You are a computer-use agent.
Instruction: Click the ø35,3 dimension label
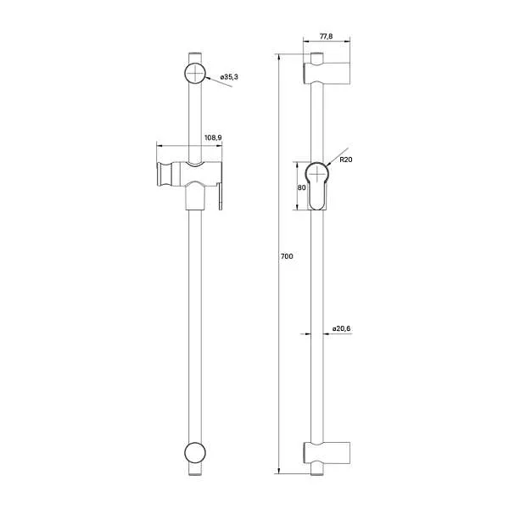click(229, 77)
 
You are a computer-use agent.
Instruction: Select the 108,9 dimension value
click(214, 137)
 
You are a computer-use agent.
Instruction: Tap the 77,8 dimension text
click(326, 36)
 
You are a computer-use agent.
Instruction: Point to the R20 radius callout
click(346, 158)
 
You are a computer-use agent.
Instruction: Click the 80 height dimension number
click(301, 188)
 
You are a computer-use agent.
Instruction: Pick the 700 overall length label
click(287, 256)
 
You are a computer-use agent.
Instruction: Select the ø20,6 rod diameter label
click(342, 328)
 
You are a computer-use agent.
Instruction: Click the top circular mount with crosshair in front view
click(195, 74)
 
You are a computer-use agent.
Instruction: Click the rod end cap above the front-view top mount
click(195, 56)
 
